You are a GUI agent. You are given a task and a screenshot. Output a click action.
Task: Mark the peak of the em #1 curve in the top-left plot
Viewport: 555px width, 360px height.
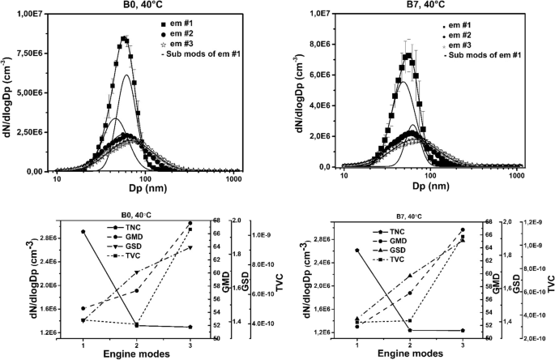124,37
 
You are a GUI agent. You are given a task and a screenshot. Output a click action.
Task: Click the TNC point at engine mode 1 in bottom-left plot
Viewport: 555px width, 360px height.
83,232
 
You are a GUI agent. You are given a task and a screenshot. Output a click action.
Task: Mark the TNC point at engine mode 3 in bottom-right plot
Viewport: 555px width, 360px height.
463,330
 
